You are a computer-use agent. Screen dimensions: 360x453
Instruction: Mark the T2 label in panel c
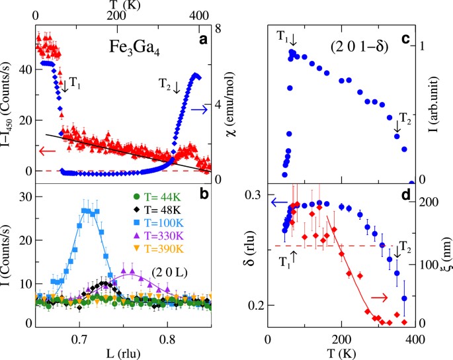(x=395, y=120)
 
